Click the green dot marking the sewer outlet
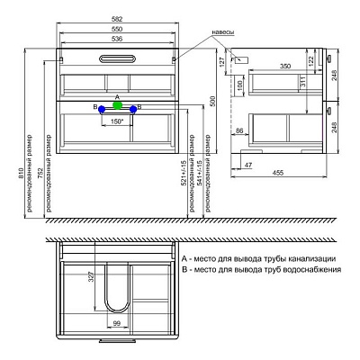[117, 104]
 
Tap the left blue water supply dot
[101, 109]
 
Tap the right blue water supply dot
[133, 109]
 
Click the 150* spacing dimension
[117, 122]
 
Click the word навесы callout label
[222, 31]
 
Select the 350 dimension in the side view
[283, 67]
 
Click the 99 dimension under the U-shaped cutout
[116, 321]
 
